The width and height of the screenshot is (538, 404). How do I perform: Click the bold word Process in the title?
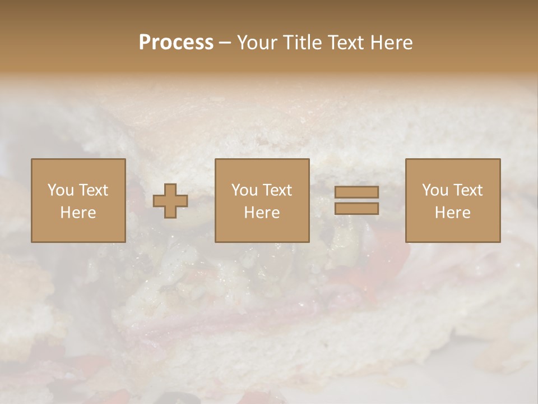click(176, 43)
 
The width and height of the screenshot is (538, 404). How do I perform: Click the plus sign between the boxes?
click(170, 201)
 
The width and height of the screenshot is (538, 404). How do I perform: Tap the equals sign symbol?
click(356, 200)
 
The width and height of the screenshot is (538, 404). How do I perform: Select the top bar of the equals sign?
click(356, 192)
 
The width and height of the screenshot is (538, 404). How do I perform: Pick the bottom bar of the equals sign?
click(356, 209)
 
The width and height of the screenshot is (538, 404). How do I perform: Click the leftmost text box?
click(78, 201)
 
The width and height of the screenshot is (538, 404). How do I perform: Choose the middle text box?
click(262, 201)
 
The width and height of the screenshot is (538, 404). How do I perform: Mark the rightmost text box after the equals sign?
click(452, 201)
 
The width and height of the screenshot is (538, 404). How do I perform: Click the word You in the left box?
click(60, 190)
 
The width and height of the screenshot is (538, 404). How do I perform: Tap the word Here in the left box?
click(78, 213)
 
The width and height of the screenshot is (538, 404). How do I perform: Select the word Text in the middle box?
click(277, 190)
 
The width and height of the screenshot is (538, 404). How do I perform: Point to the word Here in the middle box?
click(262, 213)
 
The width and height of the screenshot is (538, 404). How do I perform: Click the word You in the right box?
click(435, 190)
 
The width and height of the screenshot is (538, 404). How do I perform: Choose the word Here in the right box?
click(452, 213)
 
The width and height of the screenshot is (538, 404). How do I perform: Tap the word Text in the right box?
click(468, 190)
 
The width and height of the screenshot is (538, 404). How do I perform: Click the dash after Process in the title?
click(225, 43)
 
